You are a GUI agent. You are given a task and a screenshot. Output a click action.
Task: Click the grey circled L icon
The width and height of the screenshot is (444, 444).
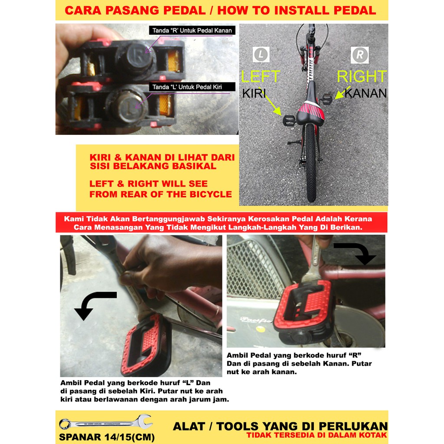261,54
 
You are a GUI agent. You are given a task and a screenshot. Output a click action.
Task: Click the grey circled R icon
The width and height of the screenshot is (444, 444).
360,55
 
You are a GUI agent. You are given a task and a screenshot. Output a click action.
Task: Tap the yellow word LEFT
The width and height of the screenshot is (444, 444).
261,76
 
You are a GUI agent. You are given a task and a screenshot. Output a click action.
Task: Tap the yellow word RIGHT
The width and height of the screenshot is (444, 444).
362,76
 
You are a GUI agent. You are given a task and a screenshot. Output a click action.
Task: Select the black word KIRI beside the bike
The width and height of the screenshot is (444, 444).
254,94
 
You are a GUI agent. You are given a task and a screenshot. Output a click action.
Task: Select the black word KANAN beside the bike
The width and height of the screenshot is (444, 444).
366,94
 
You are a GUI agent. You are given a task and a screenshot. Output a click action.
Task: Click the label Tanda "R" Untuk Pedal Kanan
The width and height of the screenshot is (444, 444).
192,31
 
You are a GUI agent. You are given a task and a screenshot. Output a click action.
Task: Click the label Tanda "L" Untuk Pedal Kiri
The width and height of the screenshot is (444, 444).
192,87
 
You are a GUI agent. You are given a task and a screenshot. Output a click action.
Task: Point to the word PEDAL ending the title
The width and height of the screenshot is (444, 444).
355,10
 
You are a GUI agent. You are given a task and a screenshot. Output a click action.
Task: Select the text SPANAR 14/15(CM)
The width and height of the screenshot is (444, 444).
107,437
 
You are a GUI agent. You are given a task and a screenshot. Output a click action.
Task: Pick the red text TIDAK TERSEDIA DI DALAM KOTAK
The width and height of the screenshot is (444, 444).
317,435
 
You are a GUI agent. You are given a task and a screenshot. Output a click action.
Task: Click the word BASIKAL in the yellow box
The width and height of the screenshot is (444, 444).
194,166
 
